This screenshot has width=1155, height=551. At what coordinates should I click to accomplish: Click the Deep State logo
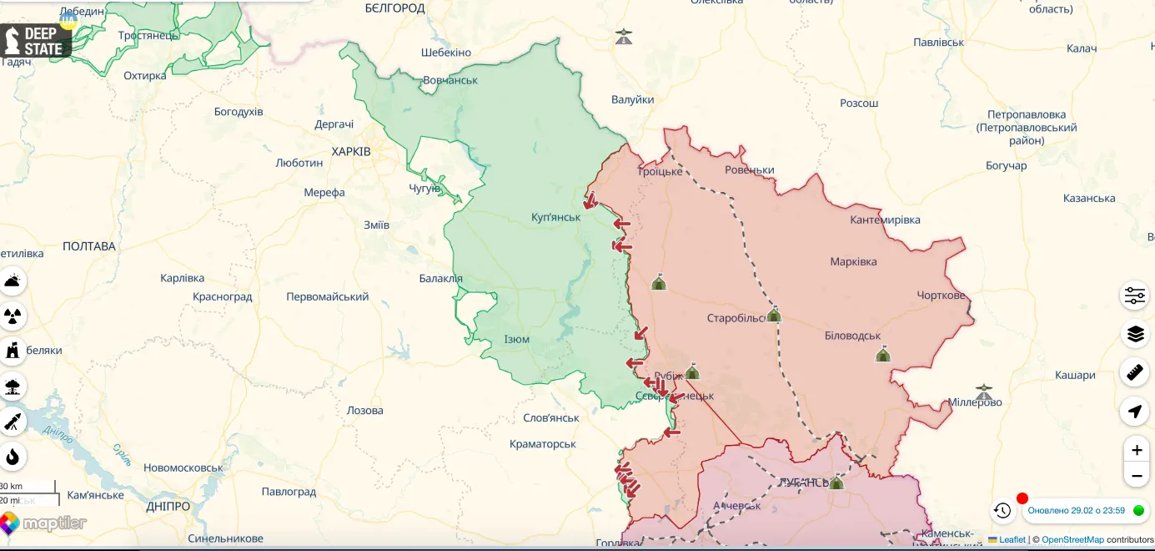click(35, 40)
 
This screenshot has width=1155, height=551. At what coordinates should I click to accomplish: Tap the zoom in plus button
click(1136, 450)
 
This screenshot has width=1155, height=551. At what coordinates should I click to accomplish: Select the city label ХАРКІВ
click(350, 151)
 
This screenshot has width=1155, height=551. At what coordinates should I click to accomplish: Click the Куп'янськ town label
click(555, 217)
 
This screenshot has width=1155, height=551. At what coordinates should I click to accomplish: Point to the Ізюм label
click(516, 339)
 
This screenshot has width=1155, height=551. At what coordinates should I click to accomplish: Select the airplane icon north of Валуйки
click(624, 37)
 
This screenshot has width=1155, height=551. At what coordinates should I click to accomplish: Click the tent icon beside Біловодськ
click(882, 355)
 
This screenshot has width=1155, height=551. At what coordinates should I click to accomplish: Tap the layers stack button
click(1135, 334)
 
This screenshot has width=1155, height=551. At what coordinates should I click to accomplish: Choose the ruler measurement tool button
click(1135, 372)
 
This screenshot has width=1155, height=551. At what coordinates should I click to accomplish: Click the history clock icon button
click(1002, 510)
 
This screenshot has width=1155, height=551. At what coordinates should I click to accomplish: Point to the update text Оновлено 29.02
click(1076, 510)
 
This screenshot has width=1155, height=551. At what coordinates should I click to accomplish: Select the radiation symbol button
click(13, 316)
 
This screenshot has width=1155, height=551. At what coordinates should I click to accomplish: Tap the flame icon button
click(13, 457)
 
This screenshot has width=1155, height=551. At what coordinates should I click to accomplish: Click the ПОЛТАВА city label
click(89, 246)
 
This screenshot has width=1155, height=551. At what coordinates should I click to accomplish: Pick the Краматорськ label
click(543, 443)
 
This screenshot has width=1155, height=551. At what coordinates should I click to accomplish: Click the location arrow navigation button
click(1135, 411)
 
